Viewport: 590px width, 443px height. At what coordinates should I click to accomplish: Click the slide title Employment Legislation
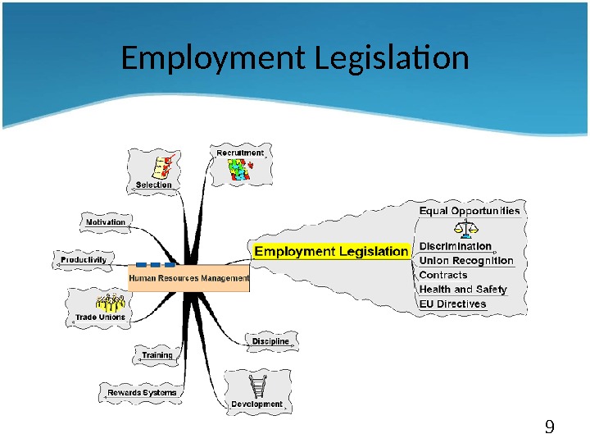[295, 59]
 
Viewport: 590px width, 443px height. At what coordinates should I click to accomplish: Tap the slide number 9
[550, 426]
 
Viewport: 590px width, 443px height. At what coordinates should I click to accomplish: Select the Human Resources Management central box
[188, 278]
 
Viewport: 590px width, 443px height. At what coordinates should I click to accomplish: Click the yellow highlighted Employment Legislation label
[331, 251]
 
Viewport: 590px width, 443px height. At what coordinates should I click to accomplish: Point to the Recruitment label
[240, 153]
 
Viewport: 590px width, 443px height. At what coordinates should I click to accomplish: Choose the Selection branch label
[154, 185]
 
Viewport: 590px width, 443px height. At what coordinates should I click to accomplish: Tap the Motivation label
[106, 221]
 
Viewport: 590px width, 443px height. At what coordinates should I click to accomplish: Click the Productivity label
[84, 259]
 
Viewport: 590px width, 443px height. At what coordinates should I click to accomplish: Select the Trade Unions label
[100, 317]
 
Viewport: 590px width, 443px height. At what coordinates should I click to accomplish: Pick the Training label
[157, 355]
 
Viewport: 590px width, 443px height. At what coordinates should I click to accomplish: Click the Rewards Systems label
[142, 393]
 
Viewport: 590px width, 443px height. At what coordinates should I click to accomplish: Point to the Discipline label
[270, 340]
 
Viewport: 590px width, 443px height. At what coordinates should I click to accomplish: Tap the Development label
[256, 404]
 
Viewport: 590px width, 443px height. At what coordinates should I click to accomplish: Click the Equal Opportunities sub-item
[470, 211]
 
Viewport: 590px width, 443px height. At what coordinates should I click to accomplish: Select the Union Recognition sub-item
[466, 261]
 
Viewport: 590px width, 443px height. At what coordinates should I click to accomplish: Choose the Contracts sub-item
[443, 275]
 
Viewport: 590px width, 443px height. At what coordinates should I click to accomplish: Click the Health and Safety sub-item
[463, 289]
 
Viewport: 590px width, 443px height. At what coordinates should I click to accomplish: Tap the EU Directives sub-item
[452, 304]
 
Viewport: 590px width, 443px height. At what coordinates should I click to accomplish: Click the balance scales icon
[467, 229]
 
